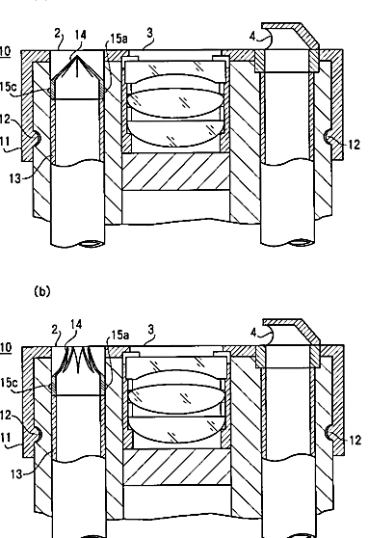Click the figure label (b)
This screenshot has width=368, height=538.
[x=42, y=291]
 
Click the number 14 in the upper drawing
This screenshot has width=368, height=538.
[x=80, y=35]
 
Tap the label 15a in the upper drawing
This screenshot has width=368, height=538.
[x=118, y=39]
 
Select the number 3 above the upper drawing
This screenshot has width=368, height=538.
[x=149, y=33]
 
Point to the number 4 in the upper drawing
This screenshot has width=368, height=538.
[x=252, y=36]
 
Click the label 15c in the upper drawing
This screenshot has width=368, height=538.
[x=8, y=87]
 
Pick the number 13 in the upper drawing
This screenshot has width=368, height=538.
[x=15, y=178]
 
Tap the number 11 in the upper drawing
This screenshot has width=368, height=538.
[x=5, y=142]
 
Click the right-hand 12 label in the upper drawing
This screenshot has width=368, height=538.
[x=354, y=145]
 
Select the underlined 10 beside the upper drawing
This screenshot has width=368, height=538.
[x=5, y=51]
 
